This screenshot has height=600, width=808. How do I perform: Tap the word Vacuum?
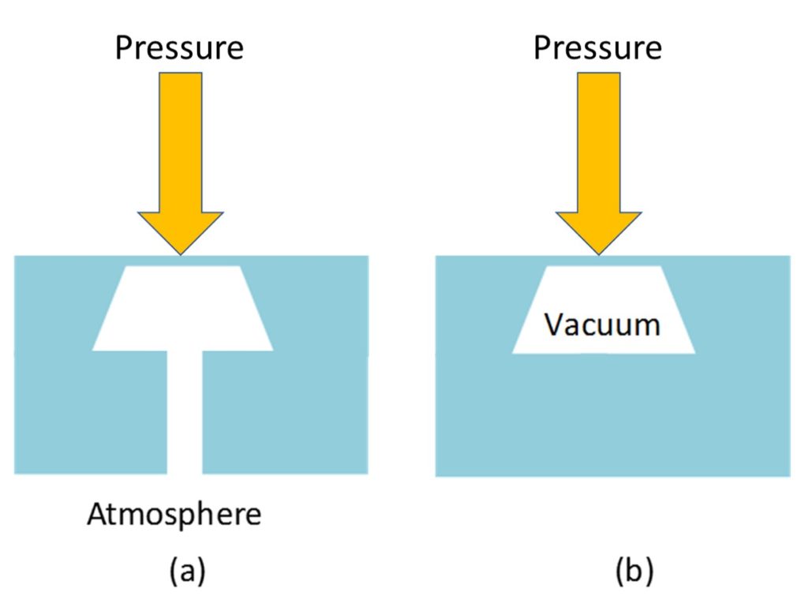coord(603,324)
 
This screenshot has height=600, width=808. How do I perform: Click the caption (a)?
coord(187,571)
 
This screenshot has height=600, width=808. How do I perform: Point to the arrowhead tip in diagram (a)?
coord(181,253)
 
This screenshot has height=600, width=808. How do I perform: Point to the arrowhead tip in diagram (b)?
coord(599,253)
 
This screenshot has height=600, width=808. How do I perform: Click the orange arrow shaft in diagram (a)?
coord(181,142)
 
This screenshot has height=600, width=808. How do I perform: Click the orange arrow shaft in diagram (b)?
coord(599,142)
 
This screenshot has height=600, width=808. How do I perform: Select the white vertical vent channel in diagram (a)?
coord(185,411)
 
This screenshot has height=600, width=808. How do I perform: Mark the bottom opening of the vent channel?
coord(185,471)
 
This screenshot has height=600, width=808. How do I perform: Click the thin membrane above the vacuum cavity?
coord(604,261)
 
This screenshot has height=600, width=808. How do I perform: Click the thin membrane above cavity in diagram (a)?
coord(182,261)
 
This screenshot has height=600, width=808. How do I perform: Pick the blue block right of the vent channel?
coord(284,411)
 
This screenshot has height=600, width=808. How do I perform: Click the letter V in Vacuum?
coord(553,324)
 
